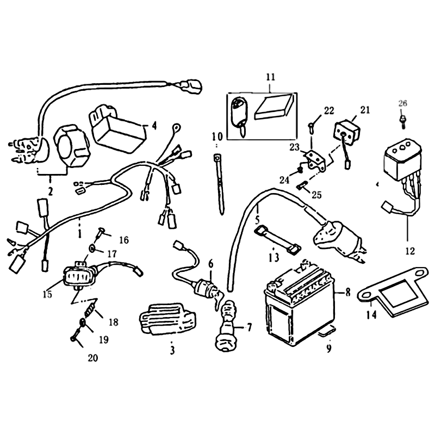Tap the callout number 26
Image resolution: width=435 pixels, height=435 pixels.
click(402, 103)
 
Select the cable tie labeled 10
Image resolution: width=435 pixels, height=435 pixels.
click(219, 184)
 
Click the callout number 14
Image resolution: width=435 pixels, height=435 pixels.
click(371, 315)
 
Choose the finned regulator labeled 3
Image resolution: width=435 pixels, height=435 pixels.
click(167, 318)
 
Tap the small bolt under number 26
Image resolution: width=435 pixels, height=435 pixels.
click(403, 121)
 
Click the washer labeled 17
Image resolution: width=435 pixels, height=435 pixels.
click(92, 248)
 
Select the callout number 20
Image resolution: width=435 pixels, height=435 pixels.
click(93, 358)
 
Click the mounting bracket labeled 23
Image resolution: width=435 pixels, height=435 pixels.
click(315, 161)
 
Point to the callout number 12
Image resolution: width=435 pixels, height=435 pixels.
click(410, 251)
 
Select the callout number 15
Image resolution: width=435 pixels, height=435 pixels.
click(47, 294)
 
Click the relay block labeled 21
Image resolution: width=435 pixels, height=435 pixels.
click(347, 130)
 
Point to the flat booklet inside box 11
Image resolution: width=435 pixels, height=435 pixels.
click(274, 107)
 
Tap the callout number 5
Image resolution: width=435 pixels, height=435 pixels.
click(257, 221)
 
